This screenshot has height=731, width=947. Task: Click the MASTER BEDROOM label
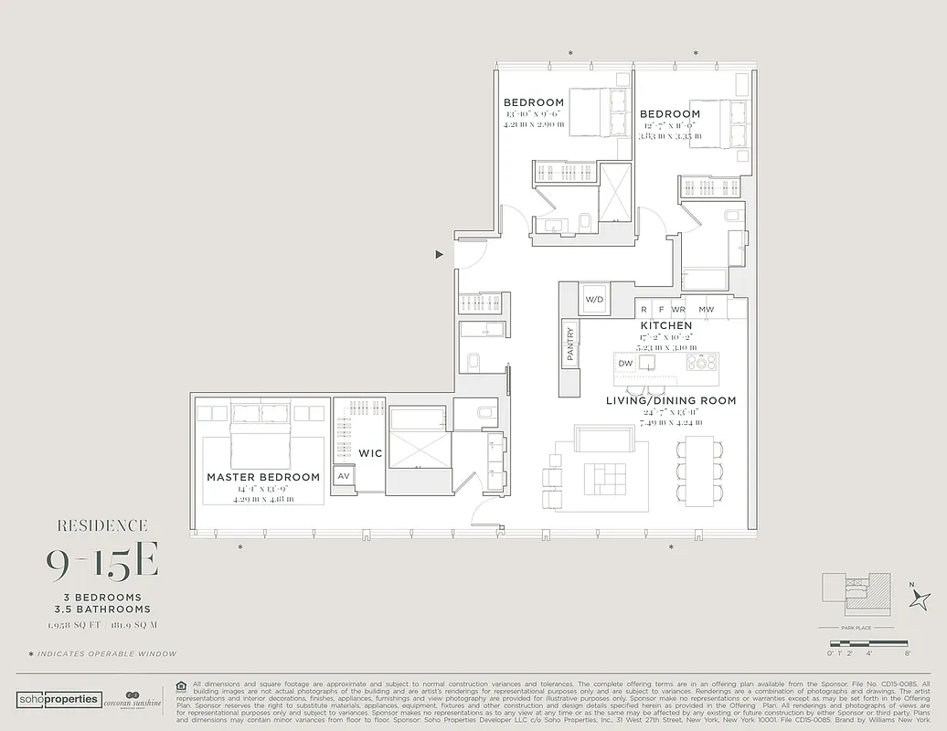(263, 477)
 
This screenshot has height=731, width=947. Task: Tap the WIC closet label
(370, 453)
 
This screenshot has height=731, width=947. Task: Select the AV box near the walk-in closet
(345, 476)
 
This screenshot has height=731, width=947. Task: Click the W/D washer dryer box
(594, 299)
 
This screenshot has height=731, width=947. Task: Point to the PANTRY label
(570, 344)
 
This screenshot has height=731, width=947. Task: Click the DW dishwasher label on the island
(625, 363)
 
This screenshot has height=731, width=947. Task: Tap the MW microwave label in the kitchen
(706, 310)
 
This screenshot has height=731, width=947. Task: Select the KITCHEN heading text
(665, 325)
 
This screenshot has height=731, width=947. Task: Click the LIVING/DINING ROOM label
(671, 400)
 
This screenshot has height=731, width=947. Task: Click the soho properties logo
(59, 699)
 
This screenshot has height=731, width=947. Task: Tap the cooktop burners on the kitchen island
(702, 363)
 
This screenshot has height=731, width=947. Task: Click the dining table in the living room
(700, 471)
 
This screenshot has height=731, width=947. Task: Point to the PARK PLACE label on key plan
(857, 629)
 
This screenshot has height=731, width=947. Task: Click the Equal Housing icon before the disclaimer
(181, 684)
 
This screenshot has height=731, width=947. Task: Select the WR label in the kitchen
(677, 310)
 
